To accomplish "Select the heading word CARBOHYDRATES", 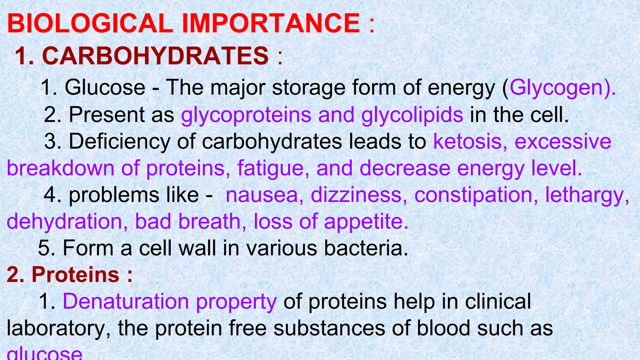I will pos(155,56).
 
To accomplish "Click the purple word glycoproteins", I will pos(246,115).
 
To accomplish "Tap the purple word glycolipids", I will pos(412,115).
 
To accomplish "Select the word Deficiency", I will pos(119,142).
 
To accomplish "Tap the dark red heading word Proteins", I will pos(75,274).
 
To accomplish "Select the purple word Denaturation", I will pos(126,301).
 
